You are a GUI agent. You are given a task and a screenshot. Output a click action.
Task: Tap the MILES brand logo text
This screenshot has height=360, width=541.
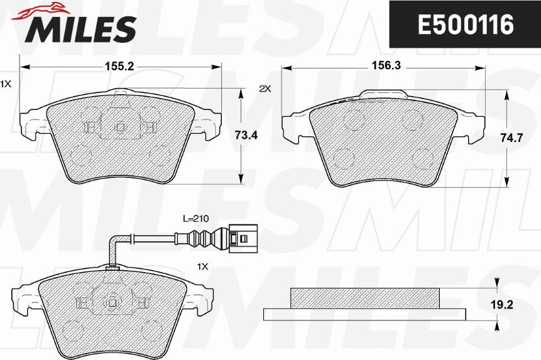pyautogui.click(x=80, y=28)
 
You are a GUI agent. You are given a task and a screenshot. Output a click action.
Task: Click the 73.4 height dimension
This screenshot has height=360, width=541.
pyautogui.click(x=246, y=134)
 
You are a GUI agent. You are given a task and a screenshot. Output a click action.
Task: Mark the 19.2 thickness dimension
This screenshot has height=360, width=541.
pyautogui.click(x=514, y=305)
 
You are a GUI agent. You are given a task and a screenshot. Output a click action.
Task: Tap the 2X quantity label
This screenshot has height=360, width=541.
pyautogui.click(x=265, y=89)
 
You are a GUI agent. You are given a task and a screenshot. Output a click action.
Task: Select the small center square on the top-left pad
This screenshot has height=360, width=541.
pyautogui.click(x=120, y=126)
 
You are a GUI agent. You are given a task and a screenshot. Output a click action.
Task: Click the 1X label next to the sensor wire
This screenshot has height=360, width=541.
pyautogui.click(x=202, y=267)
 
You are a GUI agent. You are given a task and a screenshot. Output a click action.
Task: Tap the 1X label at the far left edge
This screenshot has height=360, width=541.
pyautogui.click(x=5, y=83)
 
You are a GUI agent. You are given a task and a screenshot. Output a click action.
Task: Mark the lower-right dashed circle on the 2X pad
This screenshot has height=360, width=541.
pyautogui.click(x=420, y=157)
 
